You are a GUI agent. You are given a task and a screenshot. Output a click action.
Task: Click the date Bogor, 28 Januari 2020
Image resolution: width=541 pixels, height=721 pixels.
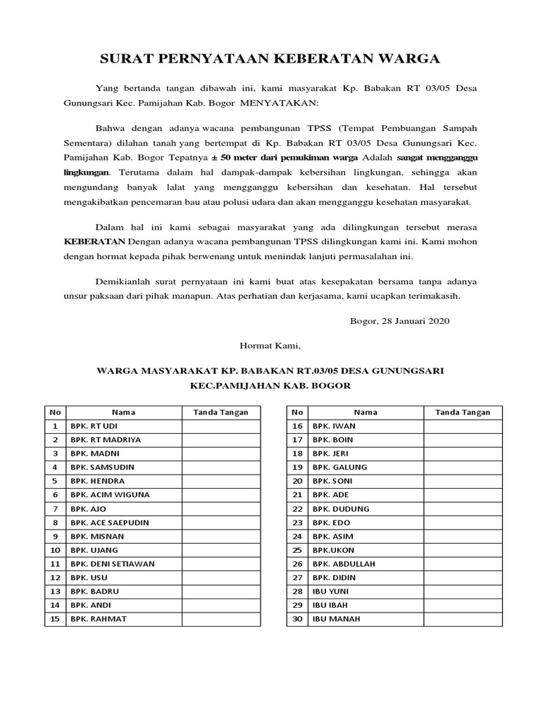399,320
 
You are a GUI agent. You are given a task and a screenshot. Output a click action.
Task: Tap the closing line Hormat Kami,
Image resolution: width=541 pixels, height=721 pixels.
270,345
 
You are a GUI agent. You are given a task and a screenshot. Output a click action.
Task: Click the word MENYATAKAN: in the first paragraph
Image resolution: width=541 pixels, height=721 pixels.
280,103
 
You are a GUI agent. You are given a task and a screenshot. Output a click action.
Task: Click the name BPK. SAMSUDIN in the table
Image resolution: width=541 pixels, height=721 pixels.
102,467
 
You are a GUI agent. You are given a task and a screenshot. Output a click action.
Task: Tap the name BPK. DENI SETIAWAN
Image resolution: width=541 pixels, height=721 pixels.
112,563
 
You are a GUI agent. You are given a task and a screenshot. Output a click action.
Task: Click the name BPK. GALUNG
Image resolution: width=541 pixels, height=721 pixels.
340,467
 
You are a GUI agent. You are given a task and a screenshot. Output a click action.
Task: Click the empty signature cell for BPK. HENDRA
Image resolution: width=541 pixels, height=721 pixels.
221,481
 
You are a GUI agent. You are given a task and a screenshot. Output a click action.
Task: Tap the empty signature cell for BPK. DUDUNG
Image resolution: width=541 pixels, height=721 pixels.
463,508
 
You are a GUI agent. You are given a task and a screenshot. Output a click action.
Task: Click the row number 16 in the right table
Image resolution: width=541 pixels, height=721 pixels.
297,426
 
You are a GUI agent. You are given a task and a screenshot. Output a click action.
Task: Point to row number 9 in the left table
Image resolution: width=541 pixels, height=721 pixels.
54,536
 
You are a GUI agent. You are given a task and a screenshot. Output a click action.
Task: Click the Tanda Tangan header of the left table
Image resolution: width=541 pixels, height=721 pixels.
221,412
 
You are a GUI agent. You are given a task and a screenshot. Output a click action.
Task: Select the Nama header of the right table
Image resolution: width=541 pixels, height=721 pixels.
366,412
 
